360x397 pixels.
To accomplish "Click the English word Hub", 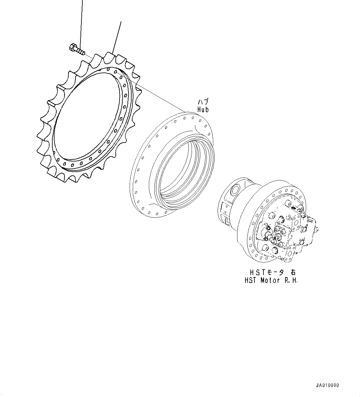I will [203, 109].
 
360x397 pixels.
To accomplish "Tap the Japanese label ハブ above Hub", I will [203, 102].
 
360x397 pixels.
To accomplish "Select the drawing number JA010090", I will [327, 386].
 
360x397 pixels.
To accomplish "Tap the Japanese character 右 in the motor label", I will [293, 272].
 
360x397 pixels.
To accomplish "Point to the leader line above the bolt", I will [81, 22].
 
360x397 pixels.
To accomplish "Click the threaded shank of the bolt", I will [81, 52].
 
